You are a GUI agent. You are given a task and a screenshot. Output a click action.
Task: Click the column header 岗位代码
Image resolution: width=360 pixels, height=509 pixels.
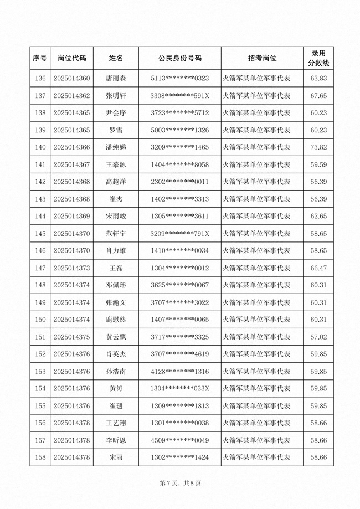[72, 58]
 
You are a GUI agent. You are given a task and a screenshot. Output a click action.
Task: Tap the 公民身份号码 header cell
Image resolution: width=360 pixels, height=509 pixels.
[179, 58]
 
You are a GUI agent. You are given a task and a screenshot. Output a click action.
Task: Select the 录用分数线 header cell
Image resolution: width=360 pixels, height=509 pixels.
[318, 58]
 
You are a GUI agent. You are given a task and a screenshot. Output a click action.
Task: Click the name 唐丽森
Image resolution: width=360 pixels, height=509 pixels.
[116, 79]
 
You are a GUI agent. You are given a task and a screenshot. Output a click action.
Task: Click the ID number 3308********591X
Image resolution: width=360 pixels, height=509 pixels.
[179, 96]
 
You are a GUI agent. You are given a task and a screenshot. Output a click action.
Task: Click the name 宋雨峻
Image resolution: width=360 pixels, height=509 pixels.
[116, 216]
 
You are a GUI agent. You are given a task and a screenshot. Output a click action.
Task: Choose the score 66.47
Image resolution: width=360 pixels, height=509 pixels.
[318, 268]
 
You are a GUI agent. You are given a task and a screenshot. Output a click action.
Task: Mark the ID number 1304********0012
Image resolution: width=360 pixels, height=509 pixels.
[179, 268]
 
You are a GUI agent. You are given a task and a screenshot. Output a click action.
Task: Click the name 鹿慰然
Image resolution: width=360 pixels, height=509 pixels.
[116, 320]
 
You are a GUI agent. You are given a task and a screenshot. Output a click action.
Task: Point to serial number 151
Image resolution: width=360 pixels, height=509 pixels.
[40, 337]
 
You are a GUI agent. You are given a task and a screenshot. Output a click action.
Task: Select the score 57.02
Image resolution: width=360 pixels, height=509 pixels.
[318, 337]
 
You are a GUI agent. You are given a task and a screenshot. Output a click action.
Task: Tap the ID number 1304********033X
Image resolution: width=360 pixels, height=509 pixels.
[179, 388]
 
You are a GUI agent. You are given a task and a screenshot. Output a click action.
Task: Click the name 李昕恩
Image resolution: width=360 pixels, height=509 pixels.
[116, 440]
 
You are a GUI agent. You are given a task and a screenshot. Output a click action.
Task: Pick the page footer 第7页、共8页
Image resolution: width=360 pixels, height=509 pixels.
[179, 484]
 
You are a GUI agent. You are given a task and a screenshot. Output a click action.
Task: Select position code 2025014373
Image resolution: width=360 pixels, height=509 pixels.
[72, 268]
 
